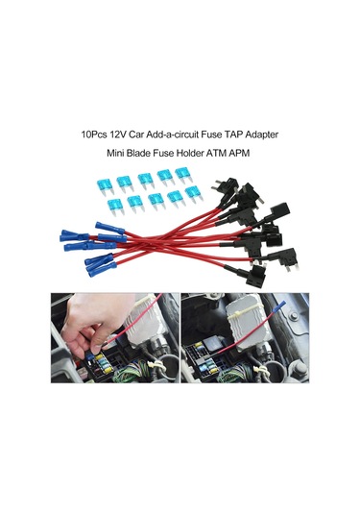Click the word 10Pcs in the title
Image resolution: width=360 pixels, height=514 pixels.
pos(92,135)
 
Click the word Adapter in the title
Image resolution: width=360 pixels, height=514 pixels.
pos(262,135)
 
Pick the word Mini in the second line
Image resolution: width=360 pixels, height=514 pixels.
pos(114,153)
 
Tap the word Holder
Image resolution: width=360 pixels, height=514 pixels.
pos(187,153)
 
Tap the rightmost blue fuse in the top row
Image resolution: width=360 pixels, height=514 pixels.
pos(183,176)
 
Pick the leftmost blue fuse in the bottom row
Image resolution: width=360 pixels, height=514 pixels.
pos(115,208)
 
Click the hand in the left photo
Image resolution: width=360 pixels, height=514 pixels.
pos(90,323)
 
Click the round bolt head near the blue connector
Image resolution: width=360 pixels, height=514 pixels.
pos(294,316)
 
